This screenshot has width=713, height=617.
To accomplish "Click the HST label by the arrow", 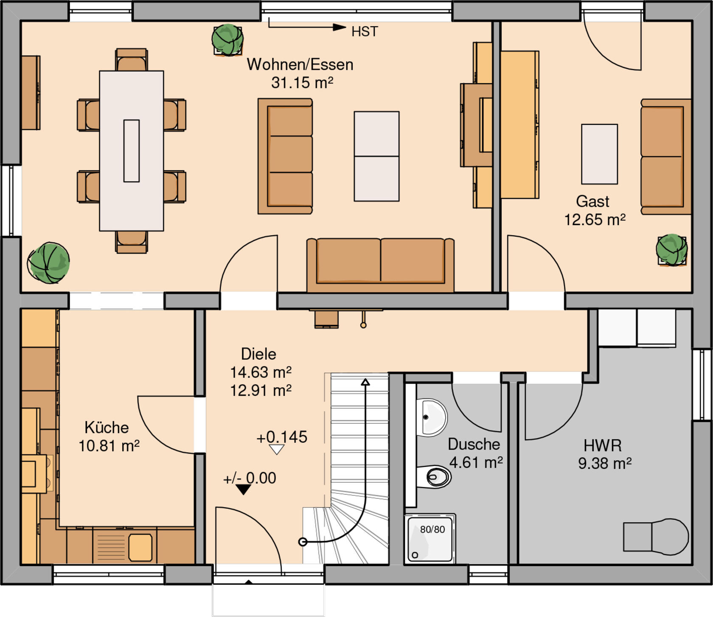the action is (x=365, y=31).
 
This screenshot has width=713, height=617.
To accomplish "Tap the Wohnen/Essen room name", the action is (x=300, y=65).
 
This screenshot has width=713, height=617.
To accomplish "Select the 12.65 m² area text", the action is (x=595, y=219).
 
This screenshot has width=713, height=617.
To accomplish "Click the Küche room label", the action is (x=107, y=427).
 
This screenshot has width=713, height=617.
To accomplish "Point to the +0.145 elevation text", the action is (x=282, y=437).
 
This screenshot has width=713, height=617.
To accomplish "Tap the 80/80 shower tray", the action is (x=430, y=539).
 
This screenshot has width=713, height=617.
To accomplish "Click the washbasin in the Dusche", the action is (x=432, y=417).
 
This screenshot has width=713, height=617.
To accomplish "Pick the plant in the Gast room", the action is (x=671, y=250).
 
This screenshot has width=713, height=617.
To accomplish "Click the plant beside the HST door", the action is (x=227, y=40).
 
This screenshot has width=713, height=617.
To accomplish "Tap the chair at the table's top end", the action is (x=132, y=60).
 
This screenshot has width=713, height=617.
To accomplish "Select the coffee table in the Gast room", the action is (x=599, y=154).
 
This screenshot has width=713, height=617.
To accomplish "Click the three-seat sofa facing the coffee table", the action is (x=285, y=156).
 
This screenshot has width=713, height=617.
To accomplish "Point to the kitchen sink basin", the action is (x=140, y=547).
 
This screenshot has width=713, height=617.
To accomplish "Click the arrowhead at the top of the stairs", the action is (x=365, y=382).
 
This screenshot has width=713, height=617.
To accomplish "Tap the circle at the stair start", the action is (x=303, y=542).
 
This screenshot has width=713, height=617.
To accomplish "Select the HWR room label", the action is (x=603, y=445).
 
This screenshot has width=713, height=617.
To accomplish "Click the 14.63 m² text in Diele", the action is (x=261, y=372).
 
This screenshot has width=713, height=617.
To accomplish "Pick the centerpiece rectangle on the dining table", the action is (x=132, y=151).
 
